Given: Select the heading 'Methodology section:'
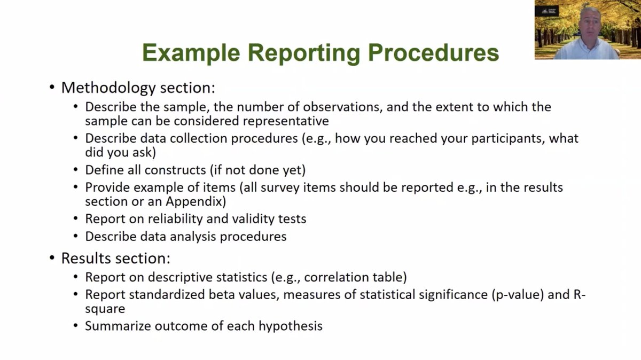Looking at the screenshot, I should [x=138, y=88].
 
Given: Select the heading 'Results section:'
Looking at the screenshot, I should [x=116, y=258].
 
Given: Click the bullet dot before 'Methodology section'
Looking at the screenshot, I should [x=52, y=88].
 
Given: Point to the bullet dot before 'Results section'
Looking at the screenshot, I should [x=52, y=258].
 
